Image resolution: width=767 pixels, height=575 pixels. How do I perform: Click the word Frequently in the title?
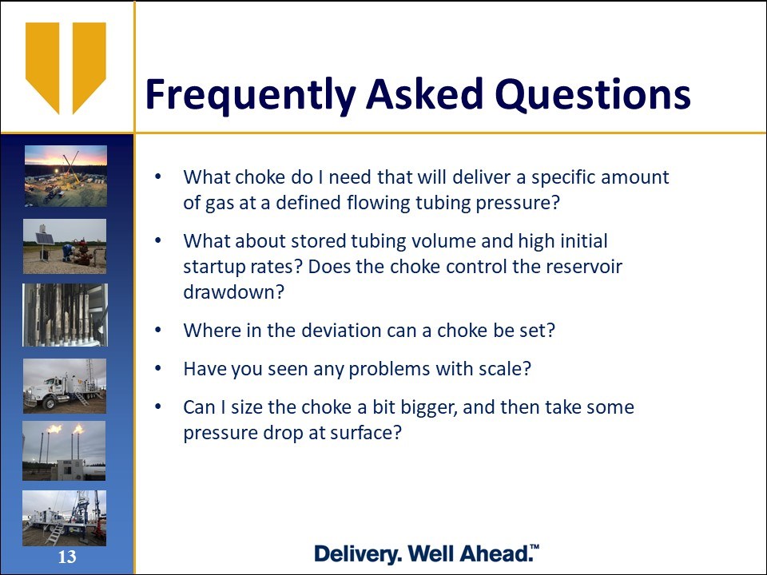[x=250, y=95]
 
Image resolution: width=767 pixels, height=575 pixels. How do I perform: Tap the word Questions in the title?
[x=593, y=94]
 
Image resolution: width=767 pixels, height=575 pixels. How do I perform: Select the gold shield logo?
[x=66, y=68]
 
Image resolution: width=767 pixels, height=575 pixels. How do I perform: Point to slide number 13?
[x=67, y=557]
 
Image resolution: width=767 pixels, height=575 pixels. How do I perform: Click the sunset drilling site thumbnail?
[x=66, y=176]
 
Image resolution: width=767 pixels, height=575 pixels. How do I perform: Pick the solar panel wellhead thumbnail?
[x=65, y=247]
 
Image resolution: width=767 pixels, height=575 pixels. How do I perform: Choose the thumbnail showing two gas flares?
[x=64, y=450]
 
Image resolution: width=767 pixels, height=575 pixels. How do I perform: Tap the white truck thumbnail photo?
[x=65, y=386]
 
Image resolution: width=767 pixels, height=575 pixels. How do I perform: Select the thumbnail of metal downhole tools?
[x=65, y=315]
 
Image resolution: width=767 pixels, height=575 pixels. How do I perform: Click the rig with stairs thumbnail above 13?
[x=64, y=518]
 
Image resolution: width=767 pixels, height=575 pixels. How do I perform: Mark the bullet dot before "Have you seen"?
[x=157, y=368]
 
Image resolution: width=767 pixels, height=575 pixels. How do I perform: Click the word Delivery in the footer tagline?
[x=358, y=554]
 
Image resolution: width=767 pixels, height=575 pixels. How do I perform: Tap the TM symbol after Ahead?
[x=535, y=546]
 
